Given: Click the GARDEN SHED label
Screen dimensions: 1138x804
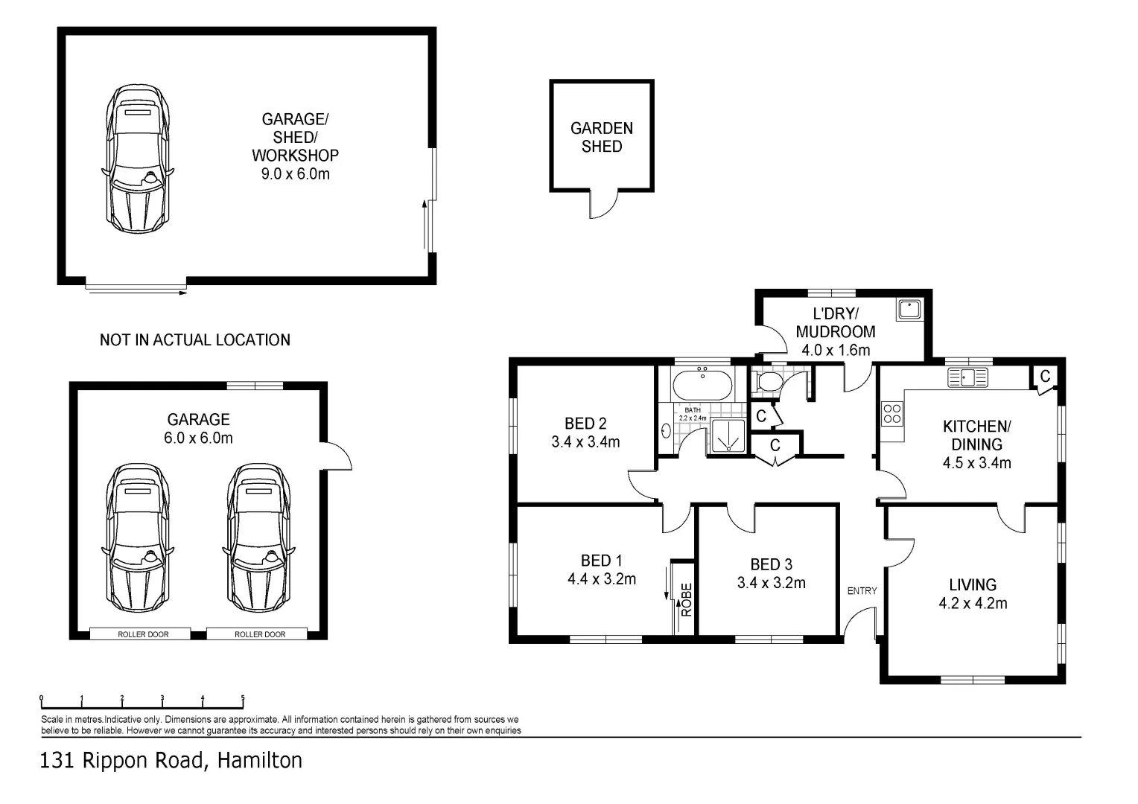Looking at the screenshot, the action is pyautogui.click(x=602, y=137).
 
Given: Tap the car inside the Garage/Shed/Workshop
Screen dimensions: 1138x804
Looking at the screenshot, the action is pyautogui.click(x=138, y=159).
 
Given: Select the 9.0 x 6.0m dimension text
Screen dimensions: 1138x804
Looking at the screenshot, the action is pyautogui.click(x=295, y=173).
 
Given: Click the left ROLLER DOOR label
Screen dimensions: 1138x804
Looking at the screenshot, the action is pyautogui.click(x=143, y=634).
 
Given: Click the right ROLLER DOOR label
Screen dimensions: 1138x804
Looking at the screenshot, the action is pyautogui.click(x=260, y=634).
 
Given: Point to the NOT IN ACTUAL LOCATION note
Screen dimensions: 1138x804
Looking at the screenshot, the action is pyautogui.click(x=195, y=339).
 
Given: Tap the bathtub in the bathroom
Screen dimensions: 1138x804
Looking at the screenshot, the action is pyautogui.click(x=702, y=384).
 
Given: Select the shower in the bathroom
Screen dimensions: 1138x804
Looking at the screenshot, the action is pyautogui.click(x=728, y=435).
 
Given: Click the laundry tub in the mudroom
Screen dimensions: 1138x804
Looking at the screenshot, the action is pyautogui.click(x=909, y=309).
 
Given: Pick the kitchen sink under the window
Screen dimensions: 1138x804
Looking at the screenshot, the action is pyautogui.click(x=967, y=377).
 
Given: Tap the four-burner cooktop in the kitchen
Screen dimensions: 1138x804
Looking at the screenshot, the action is pyautogui.click(x=892, y=413).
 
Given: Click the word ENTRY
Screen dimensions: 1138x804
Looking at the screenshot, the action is pyautogui.click(x=862, y=590).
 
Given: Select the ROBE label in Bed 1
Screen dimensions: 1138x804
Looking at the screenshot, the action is pyautogui.click(x=687, y=600).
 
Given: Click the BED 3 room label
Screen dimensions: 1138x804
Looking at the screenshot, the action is pyautogui.click(x=771, y=564).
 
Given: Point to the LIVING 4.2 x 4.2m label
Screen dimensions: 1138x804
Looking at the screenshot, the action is pyautogui.click(x=973, y=594).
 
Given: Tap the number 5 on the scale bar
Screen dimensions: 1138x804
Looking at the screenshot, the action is pyautogui.click(x=243, y=698).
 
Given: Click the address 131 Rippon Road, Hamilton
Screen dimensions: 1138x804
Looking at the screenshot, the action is pyautogui.click(x=171, y=760).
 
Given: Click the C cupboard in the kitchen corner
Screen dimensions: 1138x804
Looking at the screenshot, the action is pyautogui.click(x=1045, y=377).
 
